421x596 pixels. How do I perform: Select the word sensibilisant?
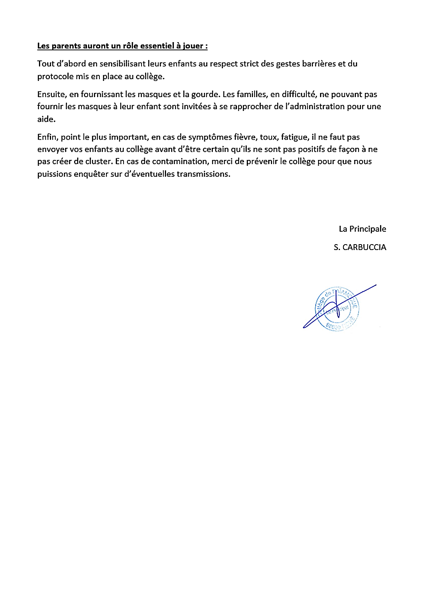pyautogui.click(x=122, y=64)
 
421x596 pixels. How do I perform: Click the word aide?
pyautogui.click(x=46, y=119)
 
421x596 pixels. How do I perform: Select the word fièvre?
pyautogui.click(x=245, y=137)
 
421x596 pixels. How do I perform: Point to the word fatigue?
pyautogui.click(x=295, y=137)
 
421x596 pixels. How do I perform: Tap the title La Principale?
pyautogui.click(x=362, y=229)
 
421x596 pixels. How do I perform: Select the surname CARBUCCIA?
pyautogui.click(x=364, y=247)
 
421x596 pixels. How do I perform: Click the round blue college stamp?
pyautogui.click(x=337, y=309)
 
